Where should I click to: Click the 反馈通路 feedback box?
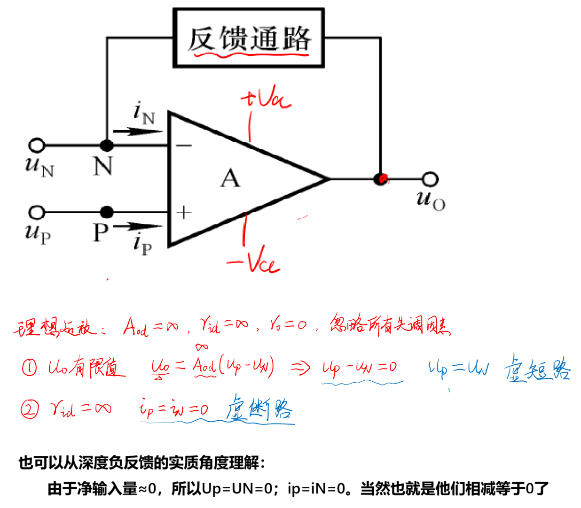pos(249,38)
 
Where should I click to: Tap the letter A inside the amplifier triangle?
pos(230,178)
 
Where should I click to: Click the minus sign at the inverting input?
pos(184,146)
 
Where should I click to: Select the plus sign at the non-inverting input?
pos(184,213)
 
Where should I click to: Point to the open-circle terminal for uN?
pos(37,146)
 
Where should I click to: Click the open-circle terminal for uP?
pos(37,213)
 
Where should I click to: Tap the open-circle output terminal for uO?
pos(430,179)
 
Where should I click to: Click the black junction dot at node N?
pos(107,146)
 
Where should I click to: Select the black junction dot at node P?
pos(107,213)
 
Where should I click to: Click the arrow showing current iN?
pos(137,131)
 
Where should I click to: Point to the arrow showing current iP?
pos(137,227)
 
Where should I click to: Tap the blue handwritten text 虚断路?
pos(259,408)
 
